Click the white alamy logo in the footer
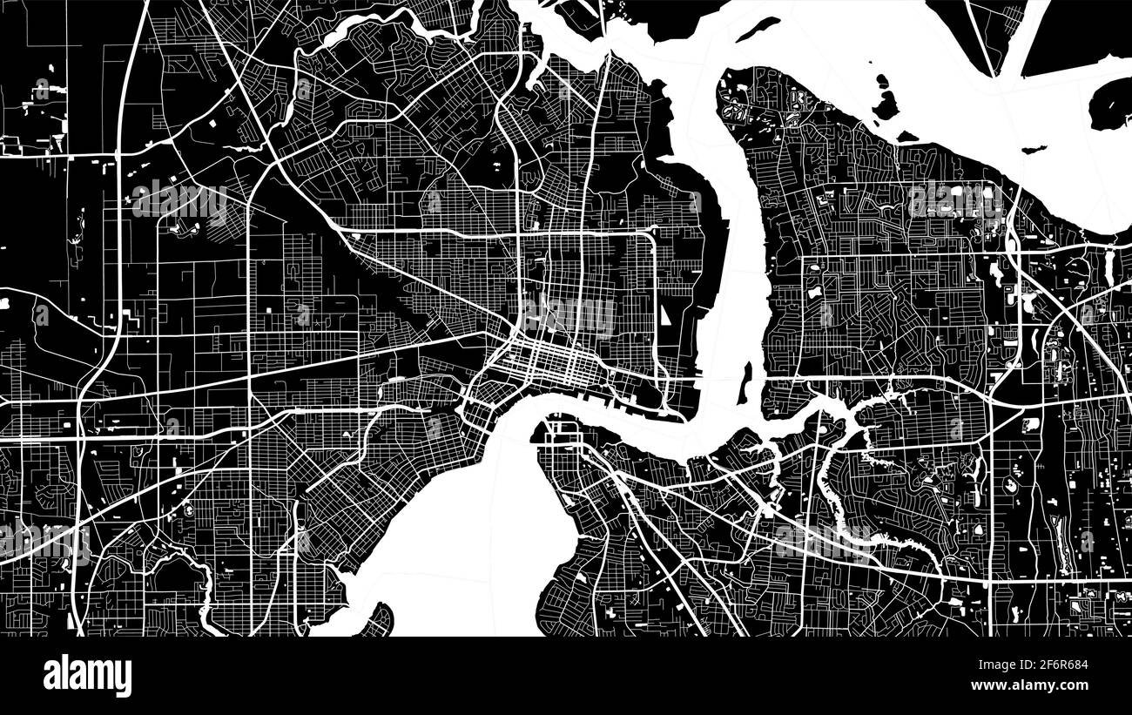[87, 676]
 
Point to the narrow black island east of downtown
[745, 383]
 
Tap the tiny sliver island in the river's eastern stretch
[1034, 150]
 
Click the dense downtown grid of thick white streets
[549, 357]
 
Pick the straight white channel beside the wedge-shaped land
[1035, 35]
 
